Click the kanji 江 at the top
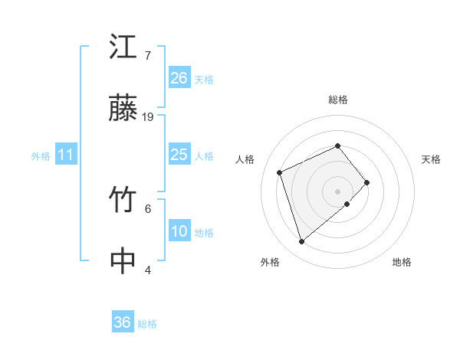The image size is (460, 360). point(123,47)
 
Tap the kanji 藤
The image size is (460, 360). point(123,110)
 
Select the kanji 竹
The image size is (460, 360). point(123,201)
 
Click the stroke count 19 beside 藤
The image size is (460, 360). point(148,117)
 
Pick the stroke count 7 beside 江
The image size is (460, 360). point(147,56)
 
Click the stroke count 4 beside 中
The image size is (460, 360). point(147,270)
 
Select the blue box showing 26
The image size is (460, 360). point(179,78)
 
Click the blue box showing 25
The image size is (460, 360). point(179,155)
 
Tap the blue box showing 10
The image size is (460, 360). point(179,231)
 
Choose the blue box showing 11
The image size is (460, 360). point(65,155)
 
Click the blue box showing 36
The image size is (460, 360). point(122,322)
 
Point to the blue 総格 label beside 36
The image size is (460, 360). point(147,324)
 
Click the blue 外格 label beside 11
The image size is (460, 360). point(41,156)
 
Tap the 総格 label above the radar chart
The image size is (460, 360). point(337,100)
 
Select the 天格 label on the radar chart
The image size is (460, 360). point(431,159)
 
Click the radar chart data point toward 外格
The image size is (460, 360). point(301,242)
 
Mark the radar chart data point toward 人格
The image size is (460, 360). point(281,172)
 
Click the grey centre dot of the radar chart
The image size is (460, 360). point(337,191)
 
